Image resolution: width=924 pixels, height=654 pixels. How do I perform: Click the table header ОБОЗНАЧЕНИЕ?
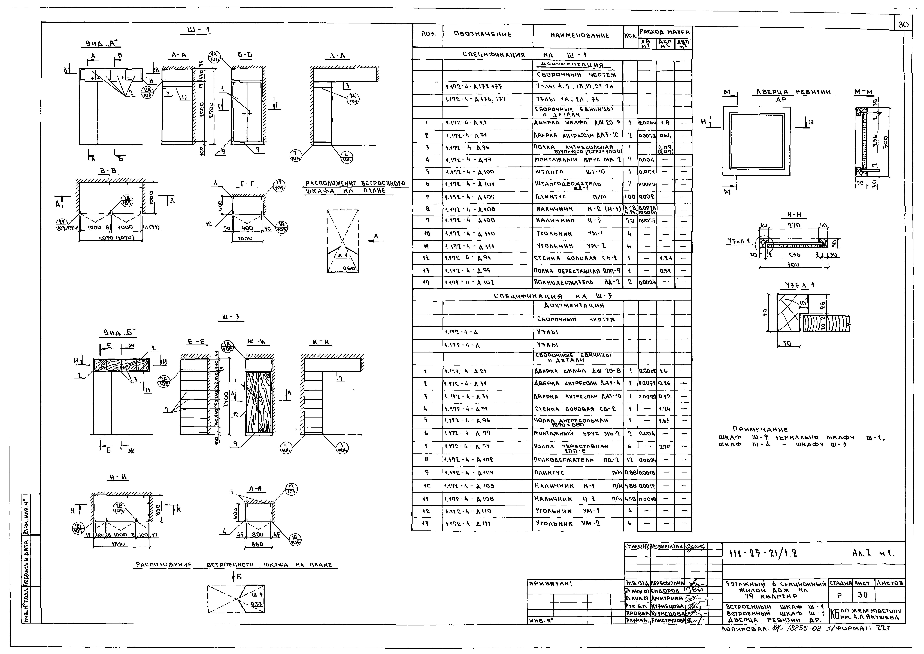click(482, 35)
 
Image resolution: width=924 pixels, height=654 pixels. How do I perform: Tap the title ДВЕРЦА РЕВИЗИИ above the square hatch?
click(793, 92)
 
